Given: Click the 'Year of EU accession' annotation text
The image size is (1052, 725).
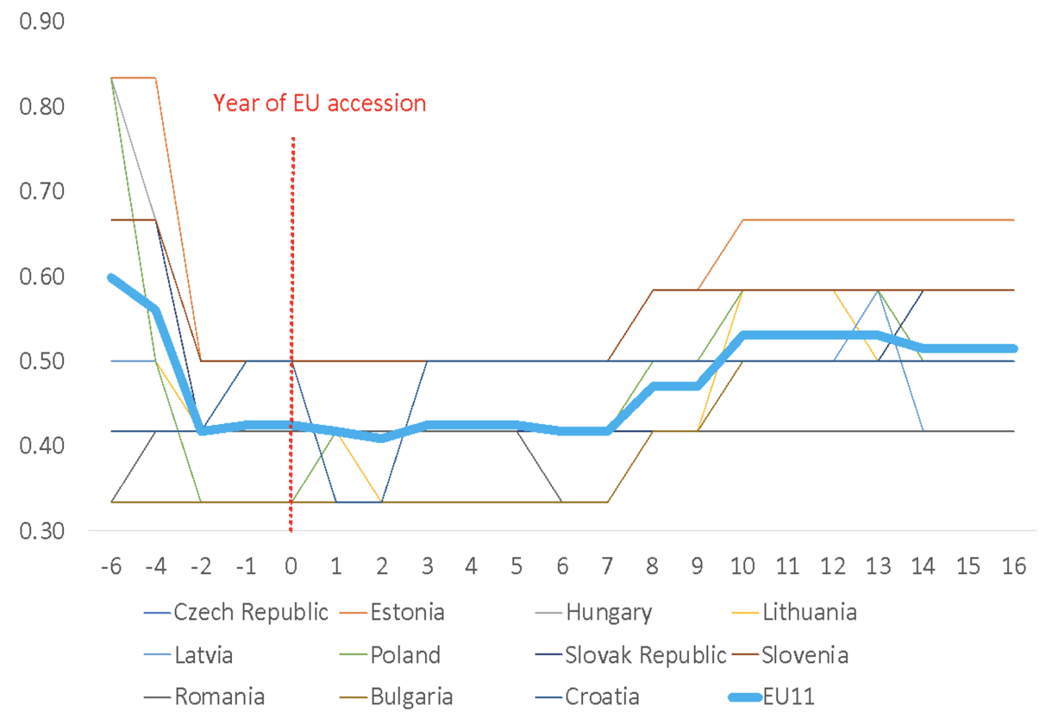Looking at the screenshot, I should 319,103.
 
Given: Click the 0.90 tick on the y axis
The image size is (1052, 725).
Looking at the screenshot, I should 42,21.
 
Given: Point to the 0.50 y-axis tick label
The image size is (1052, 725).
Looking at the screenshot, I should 42,361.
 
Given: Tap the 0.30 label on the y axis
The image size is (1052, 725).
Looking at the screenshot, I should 42,531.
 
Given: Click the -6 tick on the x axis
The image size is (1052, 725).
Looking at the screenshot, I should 111,566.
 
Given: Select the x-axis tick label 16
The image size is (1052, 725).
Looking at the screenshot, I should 1014,566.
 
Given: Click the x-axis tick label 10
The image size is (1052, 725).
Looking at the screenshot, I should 742,566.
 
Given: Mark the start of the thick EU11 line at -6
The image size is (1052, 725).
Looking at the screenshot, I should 111,278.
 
